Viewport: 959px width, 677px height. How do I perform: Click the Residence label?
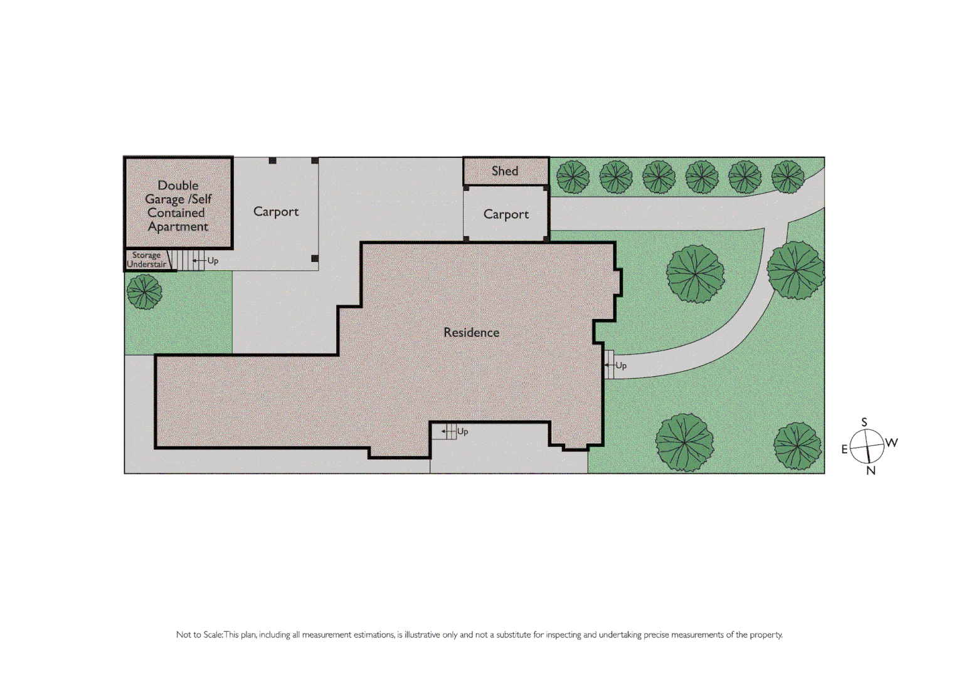click(x=471, y=332)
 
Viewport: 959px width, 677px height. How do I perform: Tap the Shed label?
click(x=505, y=171)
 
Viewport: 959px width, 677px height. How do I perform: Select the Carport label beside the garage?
click(x=276, y=212)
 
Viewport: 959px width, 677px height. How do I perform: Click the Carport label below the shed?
click(x=506, y=214)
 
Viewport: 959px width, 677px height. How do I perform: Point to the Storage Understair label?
click(x=147, y=260)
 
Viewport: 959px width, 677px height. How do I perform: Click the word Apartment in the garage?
click(x=177, y=227)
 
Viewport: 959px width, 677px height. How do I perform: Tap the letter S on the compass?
click(x=864, y=422)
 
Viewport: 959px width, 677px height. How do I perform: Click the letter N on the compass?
click(x=871, y=471)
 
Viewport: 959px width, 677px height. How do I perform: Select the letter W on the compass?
click(x=891, y=443)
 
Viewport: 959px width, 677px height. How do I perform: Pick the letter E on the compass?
click(x=844, y=449)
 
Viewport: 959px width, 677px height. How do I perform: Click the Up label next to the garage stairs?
click(x=213, y=261)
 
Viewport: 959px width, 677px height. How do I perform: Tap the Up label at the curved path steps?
click(x=621, y=365)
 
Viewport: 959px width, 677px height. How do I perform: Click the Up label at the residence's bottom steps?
click(x=463, y=431)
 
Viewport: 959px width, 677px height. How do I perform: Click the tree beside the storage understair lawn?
click(x=144, y=292)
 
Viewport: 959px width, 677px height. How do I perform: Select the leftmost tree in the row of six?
click(x=573, y=177)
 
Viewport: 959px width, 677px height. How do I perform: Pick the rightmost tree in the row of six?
click(x=788, y=177)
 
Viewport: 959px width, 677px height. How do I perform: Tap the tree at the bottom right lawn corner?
click(x=797, y=446)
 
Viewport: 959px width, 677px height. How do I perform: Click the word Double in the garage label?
click(x=178, y=186)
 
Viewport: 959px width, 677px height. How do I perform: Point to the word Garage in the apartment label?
click(x=164, y=199)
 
